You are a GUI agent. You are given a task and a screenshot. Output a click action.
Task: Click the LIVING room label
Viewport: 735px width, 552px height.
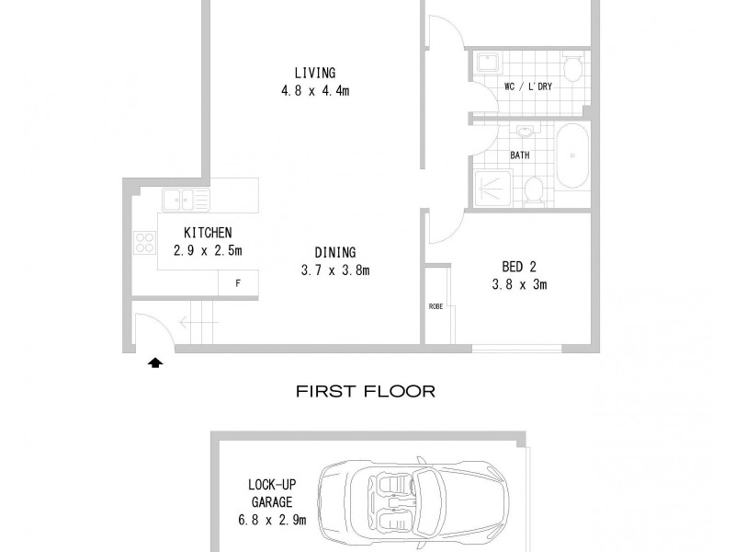coord(314,73)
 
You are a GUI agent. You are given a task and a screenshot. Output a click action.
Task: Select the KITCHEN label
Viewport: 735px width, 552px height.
coord(207,233)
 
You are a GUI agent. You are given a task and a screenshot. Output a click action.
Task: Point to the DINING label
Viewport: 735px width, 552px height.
coord(334,252)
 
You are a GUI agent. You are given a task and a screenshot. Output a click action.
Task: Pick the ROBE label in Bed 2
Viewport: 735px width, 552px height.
coord(435,306)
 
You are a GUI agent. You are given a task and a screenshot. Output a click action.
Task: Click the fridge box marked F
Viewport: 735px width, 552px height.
coord(238,283)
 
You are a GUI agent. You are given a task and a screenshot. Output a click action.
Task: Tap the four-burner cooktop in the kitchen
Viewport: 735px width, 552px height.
coord(145,243)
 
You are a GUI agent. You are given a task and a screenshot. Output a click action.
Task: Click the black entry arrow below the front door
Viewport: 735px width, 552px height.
coord(155,362)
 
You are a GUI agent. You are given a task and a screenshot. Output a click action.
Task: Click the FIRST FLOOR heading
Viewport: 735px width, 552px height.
coord(365,391)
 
